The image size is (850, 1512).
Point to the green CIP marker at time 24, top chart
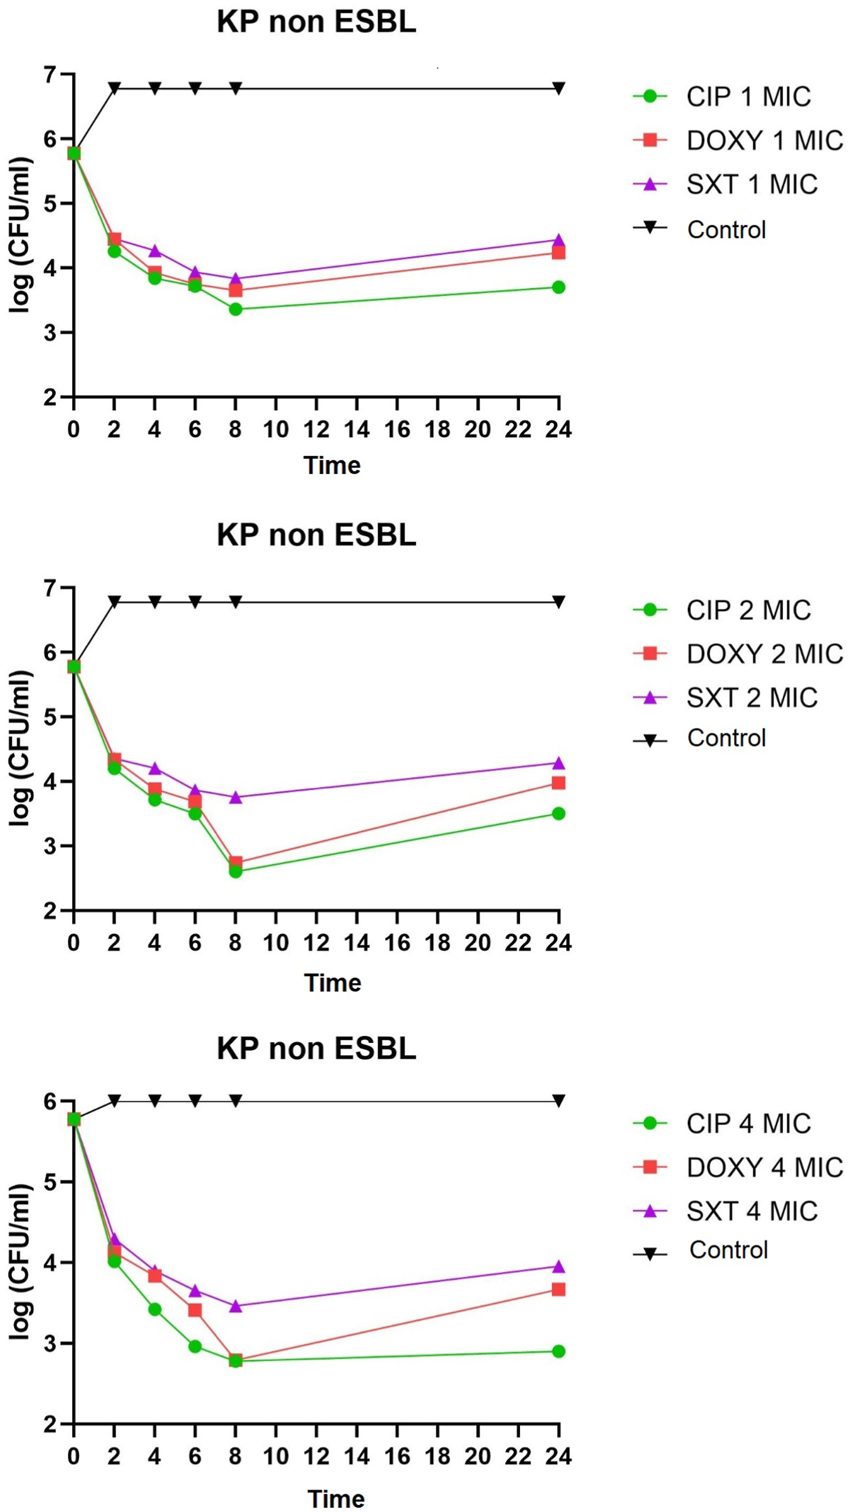558,287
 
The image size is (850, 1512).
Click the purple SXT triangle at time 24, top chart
558,240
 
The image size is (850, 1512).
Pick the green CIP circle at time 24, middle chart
558,813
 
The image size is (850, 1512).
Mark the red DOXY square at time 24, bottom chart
558,1290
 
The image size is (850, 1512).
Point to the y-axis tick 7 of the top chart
50,74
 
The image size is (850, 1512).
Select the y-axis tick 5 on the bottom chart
50,1182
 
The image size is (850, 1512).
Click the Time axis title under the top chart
332,466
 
